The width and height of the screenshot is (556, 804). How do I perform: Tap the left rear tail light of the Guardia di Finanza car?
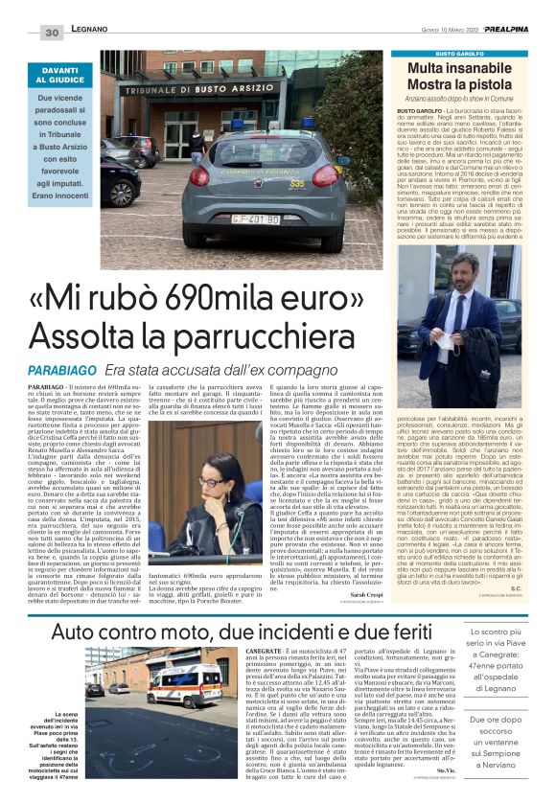pos(199,175)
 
